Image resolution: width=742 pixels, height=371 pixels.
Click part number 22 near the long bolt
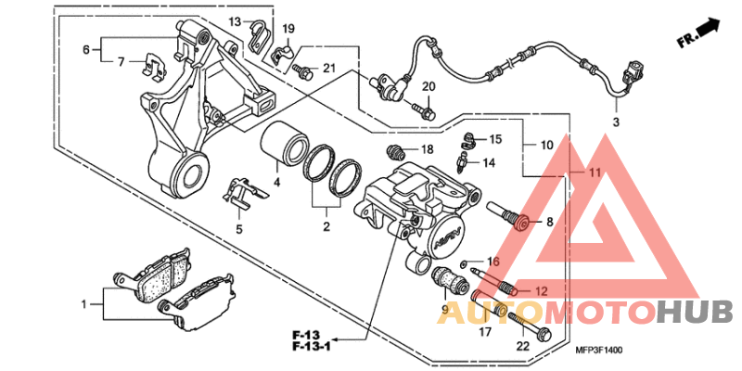523,346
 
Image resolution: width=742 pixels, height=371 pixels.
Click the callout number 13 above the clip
235,20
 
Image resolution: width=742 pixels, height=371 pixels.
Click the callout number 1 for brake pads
84,303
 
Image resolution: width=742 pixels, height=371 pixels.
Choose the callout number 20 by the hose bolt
429,87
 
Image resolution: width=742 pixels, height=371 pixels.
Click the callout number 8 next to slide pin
549,222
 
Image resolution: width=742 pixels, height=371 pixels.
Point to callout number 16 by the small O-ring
493,262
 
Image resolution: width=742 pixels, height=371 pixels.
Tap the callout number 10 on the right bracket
547,146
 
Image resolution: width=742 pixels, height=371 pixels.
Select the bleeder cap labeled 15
471,140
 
